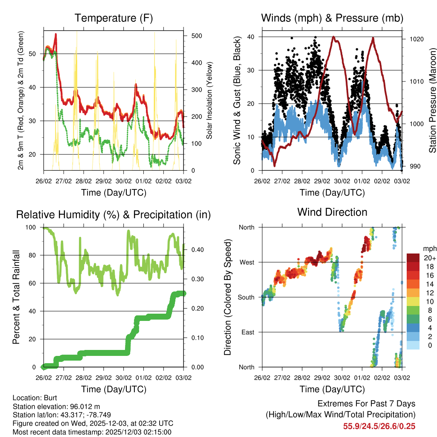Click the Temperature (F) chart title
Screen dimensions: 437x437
(x=114, y=18)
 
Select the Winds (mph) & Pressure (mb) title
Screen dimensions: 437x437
(x=332, y=18)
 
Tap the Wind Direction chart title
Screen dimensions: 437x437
(x=332, y=212)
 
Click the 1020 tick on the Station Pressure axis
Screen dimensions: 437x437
(x=416, y=39)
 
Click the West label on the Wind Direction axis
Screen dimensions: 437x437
(x=246, y=262)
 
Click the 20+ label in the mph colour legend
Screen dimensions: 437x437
(x=429, y=258)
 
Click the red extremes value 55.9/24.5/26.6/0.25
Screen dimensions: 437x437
(x=379, y=426)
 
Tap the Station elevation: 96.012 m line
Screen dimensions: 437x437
(x=56, y=406)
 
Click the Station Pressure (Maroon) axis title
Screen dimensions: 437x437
(x=432, y=100)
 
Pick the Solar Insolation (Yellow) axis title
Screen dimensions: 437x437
(x=210, y=100)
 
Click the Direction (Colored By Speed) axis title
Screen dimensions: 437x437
(x=227, y=297)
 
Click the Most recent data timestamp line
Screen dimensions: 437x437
(x=92, y=432)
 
